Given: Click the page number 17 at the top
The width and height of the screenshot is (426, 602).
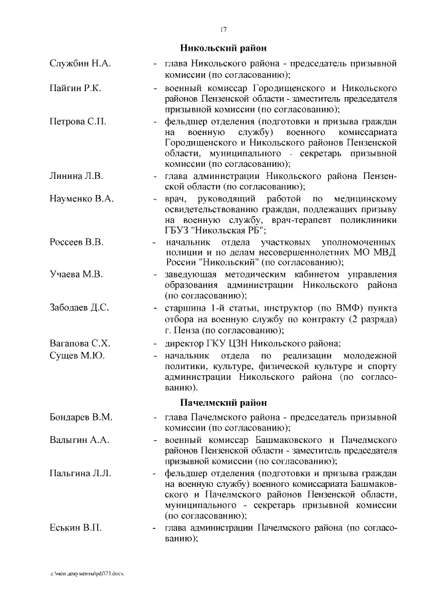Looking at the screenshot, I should tap(224, 29).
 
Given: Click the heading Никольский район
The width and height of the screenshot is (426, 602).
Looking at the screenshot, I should tap(224, 48).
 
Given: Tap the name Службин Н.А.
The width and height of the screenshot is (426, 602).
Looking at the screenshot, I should tap(80, 63).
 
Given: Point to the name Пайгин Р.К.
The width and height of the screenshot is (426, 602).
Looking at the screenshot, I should tap(75, 88).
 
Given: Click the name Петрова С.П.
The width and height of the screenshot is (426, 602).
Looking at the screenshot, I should tap(78, 122).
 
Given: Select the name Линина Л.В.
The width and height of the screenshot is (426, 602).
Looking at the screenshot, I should tap(77, 176).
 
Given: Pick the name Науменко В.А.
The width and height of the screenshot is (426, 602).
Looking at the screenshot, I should tap(82, 199).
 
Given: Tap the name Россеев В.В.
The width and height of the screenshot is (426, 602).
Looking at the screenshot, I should tap(77, 241).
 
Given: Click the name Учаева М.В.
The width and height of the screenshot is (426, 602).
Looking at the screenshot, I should tap(75, 274).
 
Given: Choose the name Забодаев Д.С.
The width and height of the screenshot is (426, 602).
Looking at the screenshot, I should tap(79, 307).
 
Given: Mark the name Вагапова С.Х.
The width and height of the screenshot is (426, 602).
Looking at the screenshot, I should tap(80, 343).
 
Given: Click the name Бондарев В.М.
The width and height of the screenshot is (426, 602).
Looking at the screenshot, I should tap(81, 417).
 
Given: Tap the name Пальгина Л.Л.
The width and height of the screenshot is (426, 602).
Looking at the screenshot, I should tap(80, 473).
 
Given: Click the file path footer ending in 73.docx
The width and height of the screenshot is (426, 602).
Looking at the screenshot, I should tap(87, 573).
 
